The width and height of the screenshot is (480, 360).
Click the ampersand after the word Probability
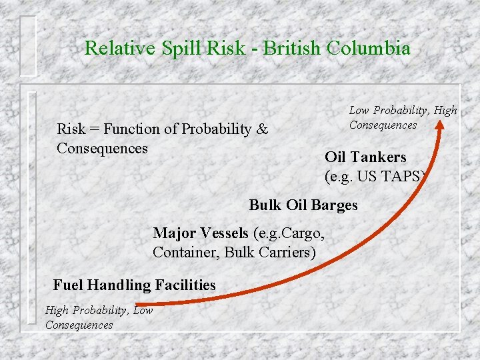262,129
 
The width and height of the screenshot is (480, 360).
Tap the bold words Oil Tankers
365,157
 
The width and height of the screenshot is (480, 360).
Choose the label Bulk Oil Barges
303,205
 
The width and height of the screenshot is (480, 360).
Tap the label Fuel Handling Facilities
135,285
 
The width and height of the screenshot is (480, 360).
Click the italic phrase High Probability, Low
99,310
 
